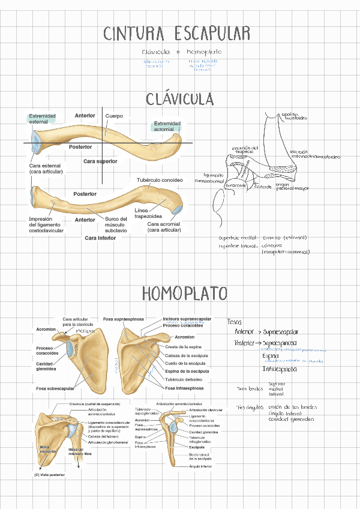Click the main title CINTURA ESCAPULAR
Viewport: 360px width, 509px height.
[x=176, y=34]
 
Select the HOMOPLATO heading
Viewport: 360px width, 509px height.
[x=185, y=294]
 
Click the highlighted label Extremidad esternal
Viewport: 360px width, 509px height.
[x=42, y=119]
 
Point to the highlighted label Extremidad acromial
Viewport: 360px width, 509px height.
[x=167, y=126]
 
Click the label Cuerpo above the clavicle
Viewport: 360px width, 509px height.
[x=114, y=116]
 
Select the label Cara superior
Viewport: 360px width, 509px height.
[x=100, y=161]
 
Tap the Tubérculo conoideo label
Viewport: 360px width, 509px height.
[x=160, y=179]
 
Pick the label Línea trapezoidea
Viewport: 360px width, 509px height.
[x=146, y=213]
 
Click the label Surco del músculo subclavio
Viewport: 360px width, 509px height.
[x=116, y=224]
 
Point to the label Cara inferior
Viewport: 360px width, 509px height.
[x=100, y=238]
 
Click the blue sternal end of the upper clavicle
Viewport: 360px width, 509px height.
[x=36, y=142]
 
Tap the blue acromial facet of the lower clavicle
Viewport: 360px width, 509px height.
[x=177, y=209]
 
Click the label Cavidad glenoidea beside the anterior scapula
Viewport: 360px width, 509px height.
[x=47, y=367]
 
